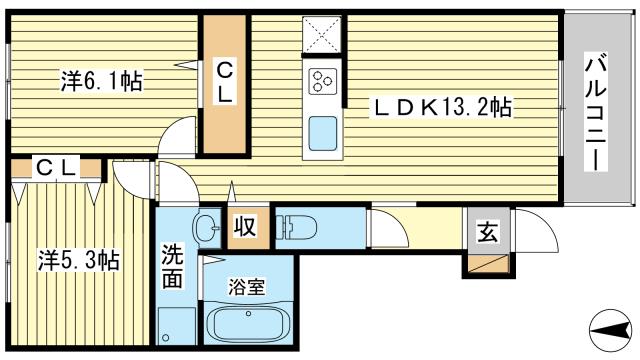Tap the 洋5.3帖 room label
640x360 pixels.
(81, 260)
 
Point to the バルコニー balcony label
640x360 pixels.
(593, 115)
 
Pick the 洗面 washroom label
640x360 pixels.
(173, 265)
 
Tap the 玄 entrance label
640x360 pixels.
(487, 232)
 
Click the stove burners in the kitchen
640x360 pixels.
(323, 80)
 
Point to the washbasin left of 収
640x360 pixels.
(206, 228)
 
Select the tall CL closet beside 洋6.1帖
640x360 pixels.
(225, 85)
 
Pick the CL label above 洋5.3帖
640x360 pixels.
(56, 168)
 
